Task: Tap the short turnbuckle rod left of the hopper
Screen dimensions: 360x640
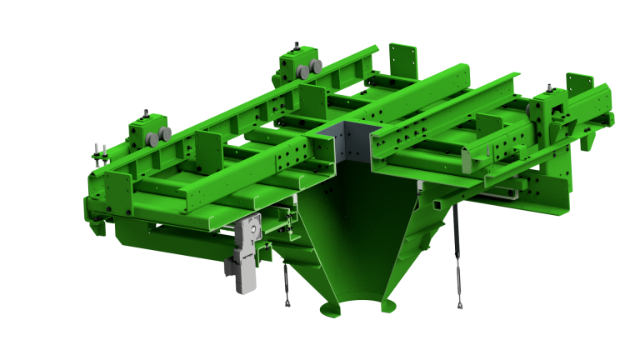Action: [x=286, y=283]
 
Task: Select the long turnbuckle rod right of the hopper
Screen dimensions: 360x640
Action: [x=457, y=257]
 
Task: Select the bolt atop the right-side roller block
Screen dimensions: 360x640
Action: [x=551, y=87]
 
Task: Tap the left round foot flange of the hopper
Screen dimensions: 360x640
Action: [x=329, y=309]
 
